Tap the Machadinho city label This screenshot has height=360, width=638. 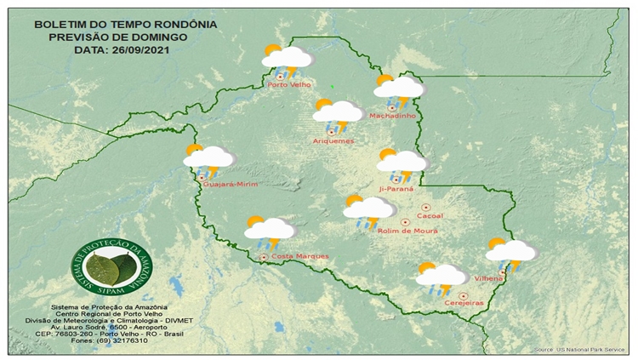pyautogui.click(x=392, y=117)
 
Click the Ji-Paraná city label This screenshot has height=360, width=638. pyautogui.click(x=395, y=190)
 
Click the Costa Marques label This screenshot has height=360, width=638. pyautogui.click(x=293, y=256)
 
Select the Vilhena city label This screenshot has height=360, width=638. pyautogui.click(x=491, y=278)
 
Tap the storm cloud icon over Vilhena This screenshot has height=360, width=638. pyautogui.click(x=510, y=252)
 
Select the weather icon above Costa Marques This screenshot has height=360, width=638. pyautogui.click(x=269, y=229)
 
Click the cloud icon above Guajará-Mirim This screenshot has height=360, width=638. pyautogui.click(x=208, y=157)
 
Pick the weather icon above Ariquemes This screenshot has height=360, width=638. pyautogui.click(x=338, y=112)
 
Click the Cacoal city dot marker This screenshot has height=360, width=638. pyautogui.click(x=425, y=207)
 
